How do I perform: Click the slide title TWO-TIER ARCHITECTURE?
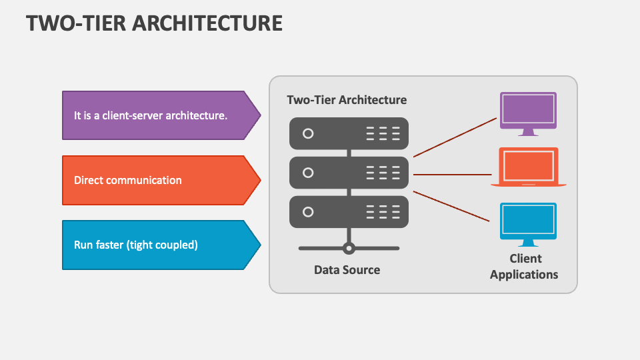coord(154,23)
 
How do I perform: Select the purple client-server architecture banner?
coord(160,115)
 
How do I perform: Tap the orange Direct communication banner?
coord(160,180)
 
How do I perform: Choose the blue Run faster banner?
coord(160,245)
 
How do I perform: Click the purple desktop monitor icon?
coord(528,112)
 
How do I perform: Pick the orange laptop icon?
coord(528,167)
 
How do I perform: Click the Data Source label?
coord(347,270)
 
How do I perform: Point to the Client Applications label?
coord(524,267)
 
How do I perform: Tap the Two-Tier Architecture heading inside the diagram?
coord(347,100)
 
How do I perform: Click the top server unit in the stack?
coord(348,133)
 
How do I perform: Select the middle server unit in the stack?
coord(348,173)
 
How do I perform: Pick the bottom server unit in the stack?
coord(348,212)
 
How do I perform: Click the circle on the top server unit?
coord(308,133)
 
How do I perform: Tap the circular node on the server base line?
coord(348,248)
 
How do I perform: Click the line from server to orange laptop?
coord(452,175)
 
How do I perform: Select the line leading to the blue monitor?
coord(451,205)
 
